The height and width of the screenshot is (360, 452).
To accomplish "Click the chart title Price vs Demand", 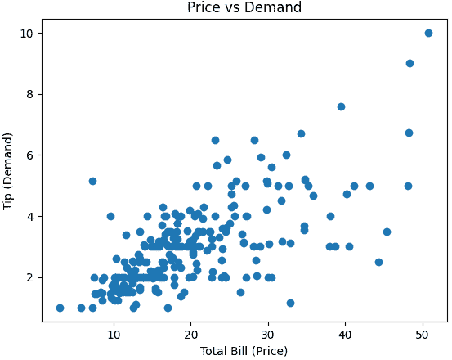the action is [x=244, y=7].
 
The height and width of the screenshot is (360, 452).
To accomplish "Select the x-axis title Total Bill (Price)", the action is [x=244, y=351].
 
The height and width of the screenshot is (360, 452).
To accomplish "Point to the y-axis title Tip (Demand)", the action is [x=8, y=171].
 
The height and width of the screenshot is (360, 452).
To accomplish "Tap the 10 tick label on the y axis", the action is [x=25, y=34].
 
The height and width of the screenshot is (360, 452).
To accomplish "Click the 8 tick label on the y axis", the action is [x=29, y=94].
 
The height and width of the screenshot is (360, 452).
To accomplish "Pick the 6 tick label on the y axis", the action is [x=29, y=155].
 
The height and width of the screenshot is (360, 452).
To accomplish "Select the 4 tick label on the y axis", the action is [x=29, y=216].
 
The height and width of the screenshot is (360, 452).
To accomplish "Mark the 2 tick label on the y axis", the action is [x=29, y=277].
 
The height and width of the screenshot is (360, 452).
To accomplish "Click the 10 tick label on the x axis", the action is [x=114, y=335].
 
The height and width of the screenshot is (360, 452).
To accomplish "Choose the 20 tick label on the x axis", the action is [x=190, y=335].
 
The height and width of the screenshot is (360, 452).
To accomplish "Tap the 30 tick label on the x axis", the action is [x=268, y=335].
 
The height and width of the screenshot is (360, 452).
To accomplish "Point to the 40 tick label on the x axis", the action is [x=345, y=335].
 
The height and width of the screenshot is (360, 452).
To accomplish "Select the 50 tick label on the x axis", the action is [x=423, y=335].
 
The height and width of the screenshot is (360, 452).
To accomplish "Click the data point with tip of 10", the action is [x=428, y=34].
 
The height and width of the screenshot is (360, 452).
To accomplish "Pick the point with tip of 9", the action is [x=409, y=64].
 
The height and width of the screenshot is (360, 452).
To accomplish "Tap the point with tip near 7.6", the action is [x=341, y=106].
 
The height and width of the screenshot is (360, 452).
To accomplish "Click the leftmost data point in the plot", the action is [x=60, y=308].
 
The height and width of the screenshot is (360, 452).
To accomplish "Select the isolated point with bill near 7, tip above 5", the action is [x=92, y=181].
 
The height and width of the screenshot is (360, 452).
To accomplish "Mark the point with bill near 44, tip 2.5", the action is [x=378, y=262].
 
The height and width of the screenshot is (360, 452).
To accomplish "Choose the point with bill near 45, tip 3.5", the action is [x=387, y=232].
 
